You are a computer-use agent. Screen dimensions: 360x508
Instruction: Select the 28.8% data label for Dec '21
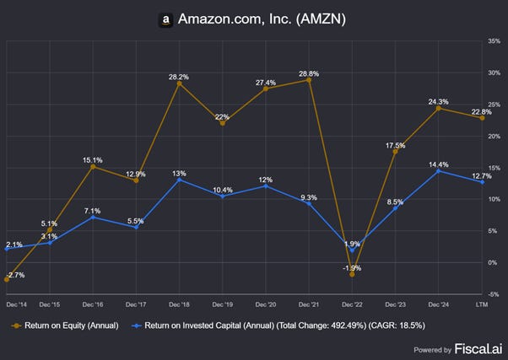coord(308,73)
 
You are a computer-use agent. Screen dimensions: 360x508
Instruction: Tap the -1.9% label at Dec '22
coord(352,268)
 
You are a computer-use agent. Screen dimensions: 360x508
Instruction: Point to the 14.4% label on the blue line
coord(438,164)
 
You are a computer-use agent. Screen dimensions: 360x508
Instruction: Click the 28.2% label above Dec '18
coord(178,77)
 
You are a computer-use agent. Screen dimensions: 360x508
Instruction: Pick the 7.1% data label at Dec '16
coord(93,211)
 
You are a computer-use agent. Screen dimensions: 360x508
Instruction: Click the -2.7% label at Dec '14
coord(14,275)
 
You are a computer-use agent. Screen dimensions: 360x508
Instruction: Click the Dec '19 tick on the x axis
coord(223,302)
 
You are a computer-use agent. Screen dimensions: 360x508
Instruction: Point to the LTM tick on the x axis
coord(482,302)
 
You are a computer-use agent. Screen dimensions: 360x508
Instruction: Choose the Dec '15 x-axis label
coord(50,302)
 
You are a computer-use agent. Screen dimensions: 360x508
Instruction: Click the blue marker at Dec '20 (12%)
coord(266,185)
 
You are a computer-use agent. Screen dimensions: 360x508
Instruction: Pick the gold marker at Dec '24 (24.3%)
coord(438,108)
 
